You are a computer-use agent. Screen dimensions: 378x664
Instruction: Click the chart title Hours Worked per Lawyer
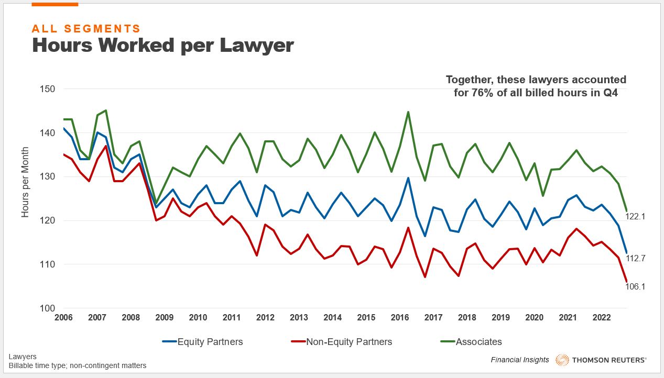tap(162, 46)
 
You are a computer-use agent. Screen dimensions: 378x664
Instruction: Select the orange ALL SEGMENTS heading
tap(86, 29)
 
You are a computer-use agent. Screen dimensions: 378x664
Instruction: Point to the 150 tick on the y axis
tap(48, 88)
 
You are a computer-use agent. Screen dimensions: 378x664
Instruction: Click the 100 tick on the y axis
tap(48, 308)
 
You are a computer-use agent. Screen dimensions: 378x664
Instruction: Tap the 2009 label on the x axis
tap(165, 318)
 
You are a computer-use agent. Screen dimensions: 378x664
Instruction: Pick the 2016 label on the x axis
tap(400, 318)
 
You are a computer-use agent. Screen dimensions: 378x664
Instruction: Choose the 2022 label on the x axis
tap(601, 318)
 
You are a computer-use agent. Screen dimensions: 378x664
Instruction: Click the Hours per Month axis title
tap(25, 182)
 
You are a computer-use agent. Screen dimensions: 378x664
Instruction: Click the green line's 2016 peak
tap(408, 112)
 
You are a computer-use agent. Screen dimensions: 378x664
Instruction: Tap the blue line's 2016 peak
tap(408, 178)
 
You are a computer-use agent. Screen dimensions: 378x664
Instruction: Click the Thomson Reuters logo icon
tap(562, 360)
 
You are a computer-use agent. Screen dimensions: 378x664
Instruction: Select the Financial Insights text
tap(520, 360)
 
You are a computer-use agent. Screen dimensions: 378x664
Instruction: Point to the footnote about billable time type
tap(78, 365)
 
